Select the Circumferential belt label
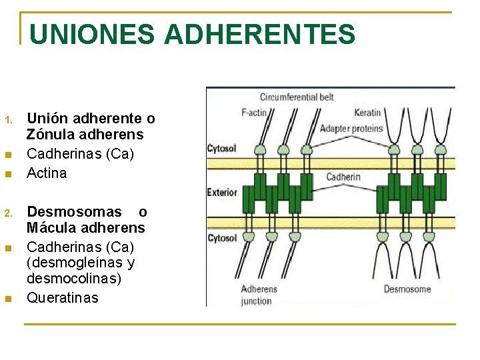pos(297,97)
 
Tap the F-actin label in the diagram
pos(254,113)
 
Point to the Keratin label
pos(367,113)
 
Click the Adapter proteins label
pos(351,128)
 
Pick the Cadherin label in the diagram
pos(343,177)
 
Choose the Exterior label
pos(222,193)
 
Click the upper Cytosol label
pos(221,148)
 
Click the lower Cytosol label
pos(221,238)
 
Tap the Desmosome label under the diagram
pos(407,289)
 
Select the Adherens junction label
pos(259,295)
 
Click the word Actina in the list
pos(47,173)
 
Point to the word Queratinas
pos(62,297)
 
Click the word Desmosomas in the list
pos(74,212)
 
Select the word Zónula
pos(51,135)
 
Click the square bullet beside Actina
pos(8,175)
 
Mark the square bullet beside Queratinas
pos(8,299)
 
